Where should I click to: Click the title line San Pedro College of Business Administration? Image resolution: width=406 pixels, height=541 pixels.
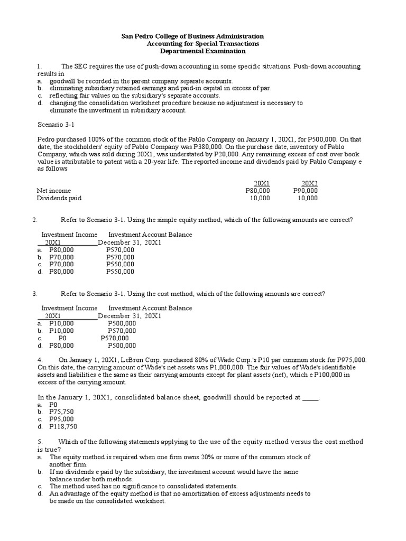tap(192, 36)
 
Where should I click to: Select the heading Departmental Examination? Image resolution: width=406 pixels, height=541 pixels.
tap(203, 51)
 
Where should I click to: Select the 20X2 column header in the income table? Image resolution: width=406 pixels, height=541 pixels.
tap(309, 183)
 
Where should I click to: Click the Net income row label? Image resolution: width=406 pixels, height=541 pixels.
tap(53, 190)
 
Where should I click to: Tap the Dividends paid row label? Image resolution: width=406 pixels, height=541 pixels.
tap(59, 198)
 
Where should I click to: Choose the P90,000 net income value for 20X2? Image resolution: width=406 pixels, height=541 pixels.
tap(305, 190)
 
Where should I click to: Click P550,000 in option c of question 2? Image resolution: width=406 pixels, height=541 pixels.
tap(120, 264)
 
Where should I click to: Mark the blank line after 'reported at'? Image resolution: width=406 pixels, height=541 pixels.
tap(310, 397)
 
